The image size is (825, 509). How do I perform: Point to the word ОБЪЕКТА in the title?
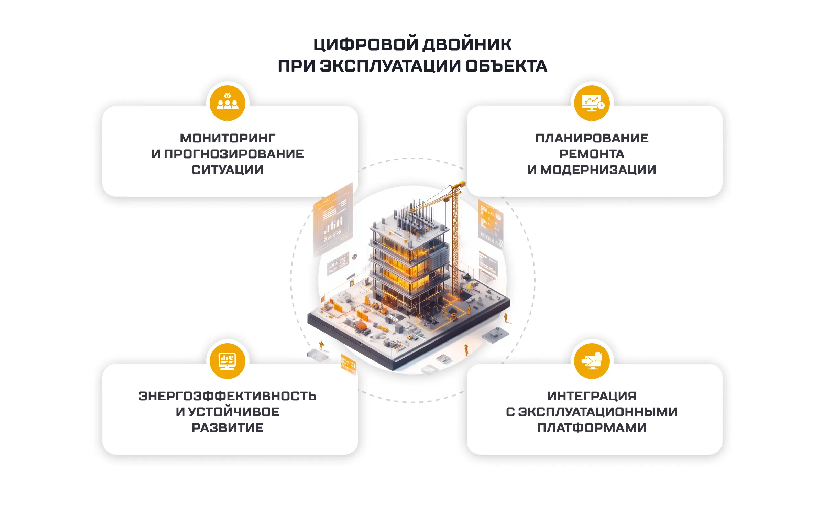point(506,66)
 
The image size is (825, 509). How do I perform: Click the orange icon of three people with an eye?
point(228,103)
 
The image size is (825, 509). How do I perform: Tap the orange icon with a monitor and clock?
point(592,103)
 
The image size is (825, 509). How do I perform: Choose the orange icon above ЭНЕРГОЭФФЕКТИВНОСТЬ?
point(228,361)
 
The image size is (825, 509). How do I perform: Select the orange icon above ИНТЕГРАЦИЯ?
point(592,361)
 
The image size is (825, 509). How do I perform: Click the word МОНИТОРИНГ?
point(228,138)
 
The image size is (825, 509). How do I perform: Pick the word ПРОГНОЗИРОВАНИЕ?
point(234,154)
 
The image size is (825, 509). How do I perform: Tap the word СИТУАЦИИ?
point(228,170)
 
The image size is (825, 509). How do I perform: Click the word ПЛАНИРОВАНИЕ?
point(592,138)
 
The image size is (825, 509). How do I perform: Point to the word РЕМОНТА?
point(592,154)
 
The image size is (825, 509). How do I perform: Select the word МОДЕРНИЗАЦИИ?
point(598,170)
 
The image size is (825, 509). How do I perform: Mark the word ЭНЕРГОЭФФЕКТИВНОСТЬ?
point(228,396)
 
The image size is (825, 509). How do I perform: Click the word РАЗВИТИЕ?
point(228,428)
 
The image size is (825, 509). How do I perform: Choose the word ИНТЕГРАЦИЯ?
point(592,396)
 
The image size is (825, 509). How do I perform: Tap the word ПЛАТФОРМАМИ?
point(592,428)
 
